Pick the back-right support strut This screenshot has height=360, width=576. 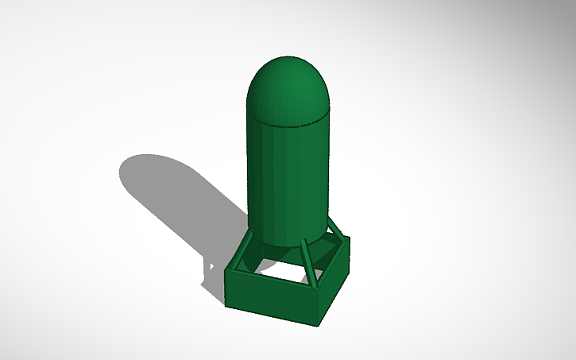pos(335,230)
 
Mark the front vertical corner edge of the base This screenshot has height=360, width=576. pos(316,305)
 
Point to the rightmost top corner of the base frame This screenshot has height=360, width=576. pos(349,238)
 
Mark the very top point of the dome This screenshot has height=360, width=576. pos(288,58)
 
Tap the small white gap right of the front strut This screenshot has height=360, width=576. pos(318,274)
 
